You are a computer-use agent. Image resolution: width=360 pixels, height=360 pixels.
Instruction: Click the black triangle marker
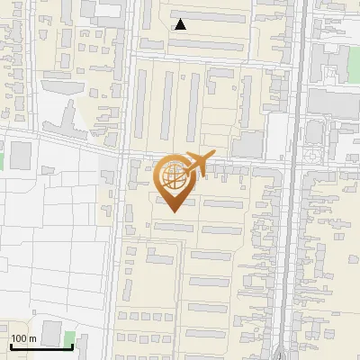pyautogui.click(x=181, y=24)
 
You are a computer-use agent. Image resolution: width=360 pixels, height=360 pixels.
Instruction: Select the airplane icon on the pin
pyautogui.click(x=196, y=165)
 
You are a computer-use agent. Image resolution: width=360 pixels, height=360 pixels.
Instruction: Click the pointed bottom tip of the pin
pyautogui.click(x=174, y=211)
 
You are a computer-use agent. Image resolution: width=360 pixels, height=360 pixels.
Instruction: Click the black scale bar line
pyautogui.click(x=41, y=347)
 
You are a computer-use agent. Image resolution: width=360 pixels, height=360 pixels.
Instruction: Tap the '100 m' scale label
pyautogui.click(x=24, y=339)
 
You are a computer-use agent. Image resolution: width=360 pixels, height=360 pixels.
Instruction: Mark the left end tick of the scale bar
pyautogui.click(x=10, y=346)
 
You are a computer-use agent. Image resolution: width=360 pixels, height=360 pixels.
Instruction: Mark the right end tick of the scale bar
pyautogui.click(x=73, y=346)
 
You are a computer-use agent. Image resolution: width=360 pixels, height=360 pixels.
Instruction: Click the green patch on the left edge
pyautogui.click(x=2, y=159)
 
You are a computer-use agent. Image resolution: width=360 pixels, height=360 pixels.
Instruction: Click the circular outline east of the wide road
pyautogui.click(x=311, y=155)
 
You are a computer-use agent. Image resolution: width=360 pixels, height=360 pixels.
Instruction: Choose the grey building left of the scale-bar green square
pyautogui.click(x=50, y=331)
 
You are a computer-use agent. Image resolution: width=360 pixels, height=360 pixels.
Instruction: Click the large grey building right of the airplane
pyautogui.click(x=247, y=144)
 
